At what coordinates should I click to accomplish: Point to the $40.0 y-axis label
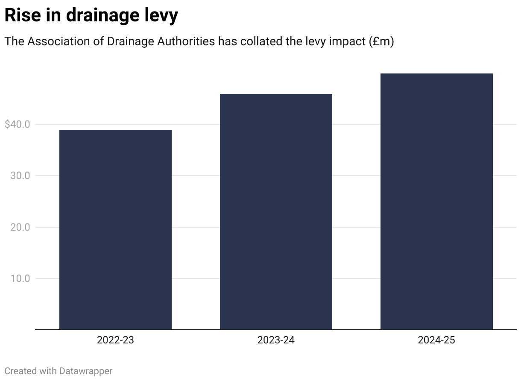point(17,124)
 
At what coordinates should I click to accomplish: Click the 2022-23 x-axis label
point(115,340)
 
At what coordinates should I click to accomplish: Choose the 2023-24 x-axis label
point(276,340)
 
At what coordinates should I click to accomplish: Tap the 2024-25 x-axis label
point(436,340)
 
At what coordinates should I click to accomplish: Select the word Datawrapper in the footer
point(85,371)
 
